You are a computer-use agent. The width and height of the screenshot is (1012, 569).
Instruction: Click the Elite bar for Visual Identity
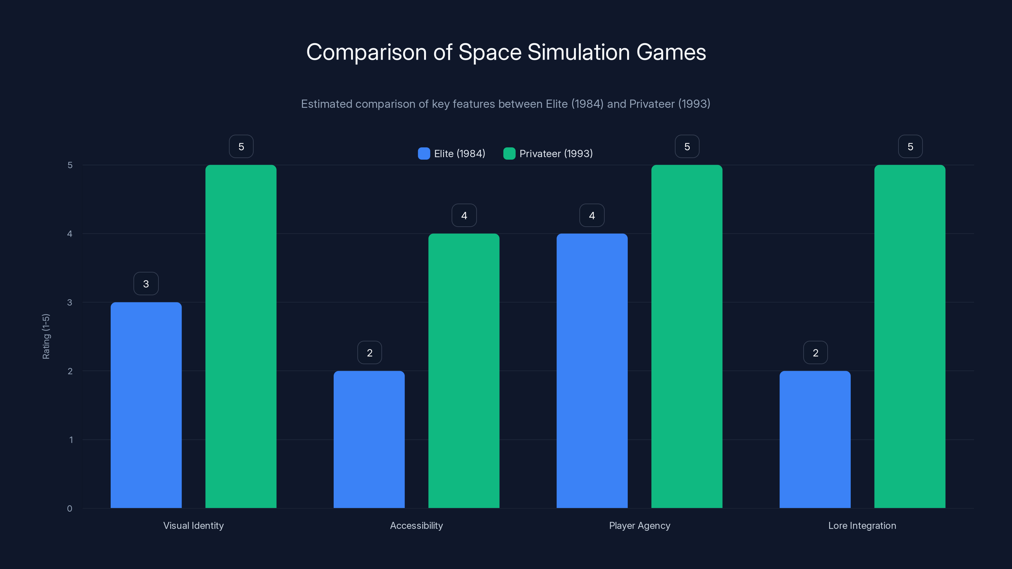pyautogui.click(x=146, y=405)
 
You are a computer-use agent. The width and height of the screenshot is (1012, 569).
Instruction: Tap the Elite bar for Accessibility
pyautogui.click(x=369, y=439)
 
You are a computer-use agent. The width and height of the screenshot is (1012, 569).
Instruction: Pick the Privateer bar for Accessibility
pyautogui.click(x=464, y=371)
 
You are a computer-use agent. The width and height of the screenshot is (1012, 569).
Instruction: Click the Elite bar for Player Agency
pyautogui.click(x=592, y=371)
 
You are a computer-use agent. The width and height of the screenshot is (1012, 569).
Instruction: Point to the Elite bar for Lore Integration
pyautogui.click(x=815, y=439)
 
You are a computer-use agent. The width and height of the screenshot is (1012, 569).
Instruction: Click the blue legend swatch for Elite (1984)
pyautogui.click(x=424, y=154)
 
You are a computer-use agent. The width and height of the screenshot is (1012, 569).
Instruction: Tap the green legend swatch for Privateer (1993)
pyautogui.click(x=509, y=154)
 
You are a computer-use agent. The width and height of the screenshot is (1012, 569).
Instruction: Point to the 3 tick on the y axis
pyautogui.click(x=70, y=303)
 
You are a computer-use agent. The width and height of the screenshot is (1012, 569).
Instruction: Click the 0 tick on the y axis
pyautogui.click(x=70, y=509)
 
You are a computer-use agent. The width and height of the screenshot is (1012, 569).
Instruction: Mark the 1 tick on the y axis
pyautogui.click(x=71, y=440)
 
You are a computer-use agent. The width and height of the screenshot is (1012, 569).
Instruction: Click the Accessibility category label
pyautogui.click(x=417, y=525)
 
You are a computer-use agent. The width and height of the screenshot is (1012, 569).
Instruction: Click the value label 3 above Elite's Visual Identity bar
pyautogui.click(x=146, y=284)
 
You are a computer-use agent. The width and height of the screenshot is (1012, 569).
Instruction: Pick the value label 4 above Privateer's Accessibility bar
pyautogui.click(x=464, y=215)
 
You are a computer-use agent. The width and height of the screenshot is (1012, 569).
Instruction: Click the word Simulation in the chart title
pyautogui.click(x=578, y=52)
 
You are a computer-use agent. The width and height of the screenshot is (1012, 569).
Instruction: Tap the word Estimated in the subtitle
pyautogui.click(x=326, y=104)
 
